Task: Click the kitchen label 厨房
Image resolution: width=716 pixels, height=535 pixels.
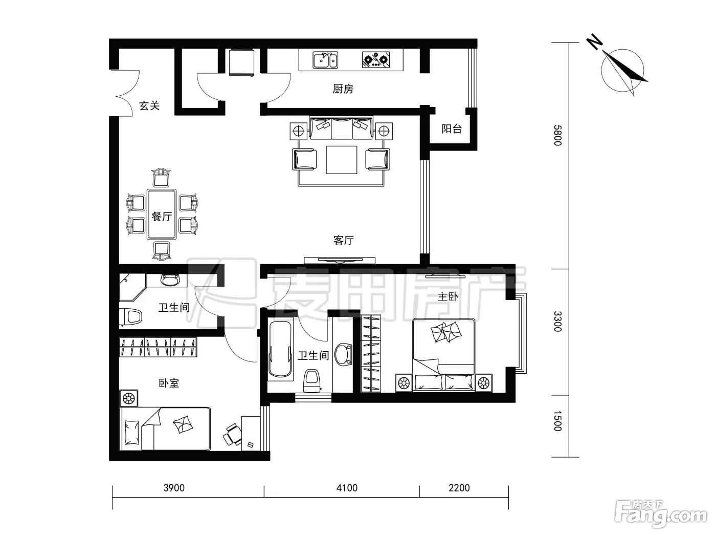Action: tap(343, 89)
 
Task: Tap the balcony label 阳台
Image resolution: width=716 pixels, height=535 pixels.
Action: tap(452, 129)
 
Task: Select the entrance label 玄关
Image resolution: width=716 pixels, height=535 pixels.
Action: tap(149, 106)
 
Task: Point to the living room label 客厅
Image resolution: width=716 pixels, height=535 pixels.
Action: tap(344, 240)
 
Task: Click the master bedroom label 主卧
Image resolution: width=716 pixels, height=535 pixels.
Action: tap(447, 296)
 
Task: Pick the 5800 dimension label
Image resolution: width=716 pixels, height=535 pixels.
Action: tap(558, 135)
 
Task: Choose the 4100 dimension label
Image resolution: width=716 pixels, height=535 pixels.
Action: tap(347, 488)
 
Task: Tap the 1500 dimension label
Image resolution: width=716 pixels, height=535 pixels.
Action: tap(558, 421)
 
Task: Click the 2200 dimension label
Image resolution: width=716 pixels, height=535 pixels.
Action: tap(459, 488)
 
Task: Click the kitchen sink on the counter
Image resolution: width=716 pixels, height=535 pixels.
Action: tap(325, 60)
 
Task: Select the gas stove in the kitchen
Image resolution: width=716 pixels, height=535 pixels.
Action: tap(376, 60)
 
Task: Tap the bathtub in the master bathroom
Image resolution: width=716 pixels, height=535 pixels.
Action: tap(280, 349)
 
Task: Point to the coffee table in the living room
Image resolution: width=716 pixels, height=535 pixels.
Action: tap(341, 160)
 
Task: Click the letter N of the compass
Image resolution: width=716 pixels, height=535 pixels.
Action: tap(594, 42)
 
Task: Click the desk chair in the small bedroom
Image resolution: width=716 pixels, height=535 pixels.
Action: tap(233, 435)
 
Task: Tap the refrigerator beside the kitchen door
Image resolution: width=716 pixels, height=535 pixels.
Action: tap(242, 62)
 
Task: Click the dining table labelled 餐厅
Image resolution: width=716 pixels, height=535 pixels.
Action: tap(162, 215)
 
